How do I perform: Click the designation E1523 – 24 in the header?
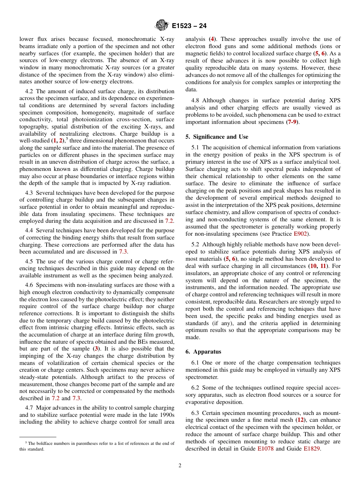coord(189,26)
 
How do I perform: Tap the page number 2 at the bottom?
coord(180,465)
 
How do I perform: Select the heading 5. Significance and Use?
coord(217,137)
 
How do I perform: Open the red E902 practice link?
coord(301,234)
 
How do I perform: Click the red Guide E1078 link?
coord(265,448)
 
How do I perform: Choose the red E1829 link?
coord(312,448)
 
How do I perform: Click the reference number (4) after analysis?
coord(213,39)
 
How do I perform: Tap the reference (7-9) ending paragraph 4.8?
coord(291,122)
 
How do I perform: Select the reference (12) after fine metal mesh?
coord(301,420)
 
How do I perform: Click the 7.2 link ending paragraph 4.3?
coord(169,221)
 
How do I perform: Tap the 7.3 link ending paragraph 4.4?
coord(123,252)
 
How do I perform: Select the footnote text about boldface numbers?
coord(97,446)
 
